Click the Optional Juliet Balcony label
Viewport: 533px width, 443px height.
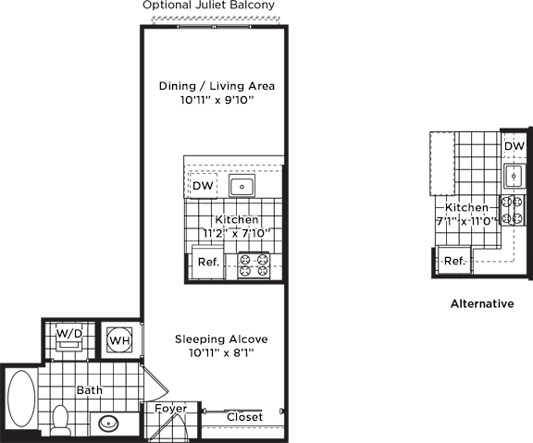click(208, 6)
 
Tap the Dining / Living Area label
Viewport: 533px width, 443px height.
click(217, 86)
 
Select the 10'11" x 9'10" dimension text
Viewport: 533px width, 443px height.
click(217, 100)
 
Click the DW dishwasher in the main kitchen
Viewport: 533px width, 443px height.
click(203, 186)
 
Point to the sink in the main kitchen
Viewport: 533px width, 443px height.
click(242, 186)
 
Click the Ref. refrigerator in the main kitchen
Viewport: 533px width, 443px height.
click(208, 262)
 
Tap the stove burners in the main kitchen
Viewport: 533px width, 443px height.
click(254, 265)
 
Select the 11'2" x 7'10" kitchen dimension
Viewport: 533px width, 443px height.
click(237, 233)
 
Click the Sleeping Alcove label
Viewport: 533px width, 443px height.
click(221, 339)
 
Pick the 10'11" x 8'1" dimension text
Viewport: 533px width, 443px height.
click(222, 353)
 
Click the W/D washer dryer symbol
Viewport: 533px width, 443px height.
click(69, 338)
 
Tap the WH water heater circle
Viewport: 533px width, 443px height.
click(119, 339)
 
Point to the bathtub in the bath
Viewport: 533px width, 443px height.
click(21, 399)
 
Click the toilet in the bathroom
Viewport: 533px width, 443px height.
click(61, 420)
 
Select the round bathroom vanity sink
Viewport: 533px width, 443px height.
click(109, 424)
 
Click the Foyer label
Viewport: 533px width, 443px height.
click(170, 409)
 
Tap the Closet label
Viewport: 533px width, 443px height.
click(244, 417)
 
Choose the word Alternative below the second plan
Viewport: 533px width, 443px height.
click(482, 303)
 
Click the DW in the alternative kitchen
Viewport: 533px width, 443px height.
click(514, 146)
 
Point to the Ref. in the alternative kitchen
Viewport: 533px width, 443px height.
click(454, 261)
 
